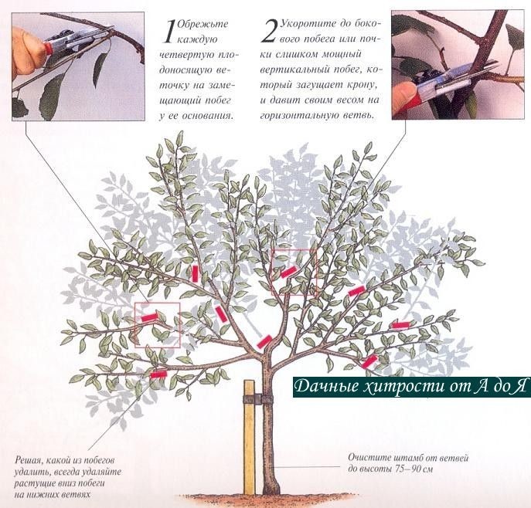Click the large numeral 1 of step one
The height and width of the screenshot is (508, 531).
[x=169, y=32]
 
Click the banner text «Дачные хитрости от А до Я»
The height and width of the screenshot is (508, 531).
[x=410, y=387]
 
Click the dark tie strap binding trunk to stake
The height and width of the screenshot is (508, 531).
[x=258, y=399]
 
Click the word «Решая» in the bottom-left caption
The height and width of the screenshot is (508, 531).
[x=27, y=460]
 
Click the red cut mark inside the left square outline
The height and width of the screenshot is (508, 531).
[x=149, y=317]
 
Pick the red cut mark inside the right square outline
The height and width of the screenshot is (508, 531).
[x=288, y=272]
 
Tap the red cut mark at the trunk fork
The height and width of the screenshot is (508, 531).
[x=264, y=341]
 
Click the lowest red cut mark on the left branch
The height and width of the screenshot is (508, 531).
[x=158, y=374]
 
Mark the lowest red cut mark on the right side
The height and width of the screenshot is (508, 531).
[x=369, y=361]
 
